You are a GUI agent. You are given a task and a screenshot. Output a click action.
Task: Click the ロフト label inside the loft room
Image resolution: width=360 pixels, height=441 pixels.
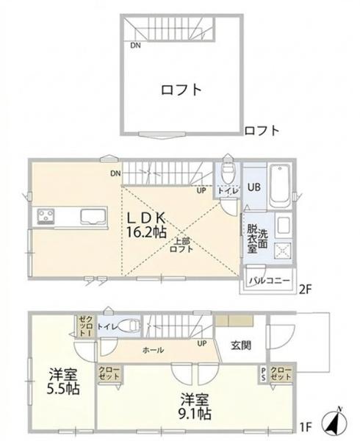tap(181, 90)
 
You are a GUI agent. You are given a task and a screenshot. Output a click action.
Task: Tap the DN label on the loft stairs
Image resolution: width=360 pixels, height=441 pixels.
tap(135, 45)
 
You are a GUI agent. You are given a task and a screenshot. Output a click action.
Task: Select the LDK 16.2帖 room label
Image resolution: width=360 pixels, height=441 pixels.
tap(147, 225)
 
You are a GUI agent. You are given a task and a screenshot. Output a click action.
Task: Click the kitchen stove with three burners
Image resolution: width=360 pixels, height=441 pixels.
tap(45, 216)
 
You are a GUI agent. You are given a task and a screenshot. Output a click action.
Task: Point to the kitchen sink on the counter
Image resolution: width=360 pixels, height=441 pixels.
tap(93, 216)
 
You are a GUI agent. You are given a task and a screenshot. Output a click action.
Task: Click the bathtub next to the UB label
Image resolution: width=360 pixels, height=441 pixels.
tap(280, 185)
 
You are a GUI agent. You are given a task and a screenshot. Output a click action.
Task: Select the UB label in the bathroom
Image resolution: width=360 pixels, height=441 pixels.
tap(253, 187)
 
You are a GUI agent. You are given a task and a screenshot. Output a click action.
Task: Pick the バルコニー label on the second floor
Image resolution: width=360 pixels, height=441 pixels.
tap(270, 281)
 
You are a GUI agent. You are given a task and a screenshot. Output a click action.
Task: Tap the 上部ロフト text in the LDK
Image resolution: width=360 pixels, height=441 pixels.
tap(181, 245)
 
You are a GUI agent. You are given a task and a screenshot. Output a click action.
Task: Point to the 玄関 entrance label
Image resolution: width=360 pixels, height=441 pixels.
tap(241, 345)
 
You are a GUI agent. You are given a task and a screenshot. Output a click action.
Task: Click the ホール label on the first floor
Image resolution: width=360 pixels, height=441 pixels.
tap(153, 350)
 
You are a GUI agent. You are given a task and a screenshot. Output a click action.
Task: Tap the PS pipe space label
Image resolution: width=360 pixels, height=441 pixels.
tap(263, 374)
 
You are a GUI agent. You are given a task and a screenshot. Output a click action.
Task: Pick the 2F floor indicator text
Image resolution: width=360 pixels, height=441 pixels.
tap(305, 290)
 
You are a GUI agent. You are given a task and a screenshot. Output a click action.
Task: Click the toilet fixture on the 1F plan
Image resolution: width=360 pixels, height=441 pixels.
tap(129, 326)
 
